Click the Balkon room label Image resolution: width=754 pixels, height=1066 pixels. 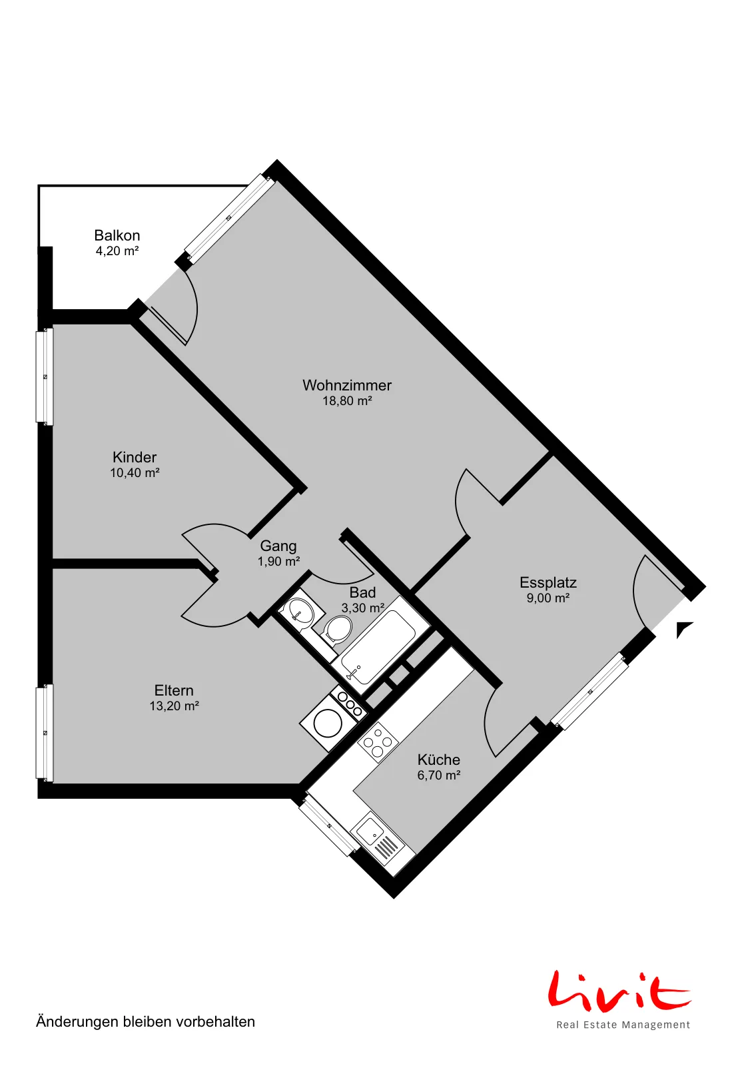[117, 235]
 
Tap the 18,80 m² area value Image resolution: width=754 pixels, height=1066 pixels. [347, 400]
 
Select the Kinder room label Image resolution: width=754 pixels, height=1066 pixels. [135, 457]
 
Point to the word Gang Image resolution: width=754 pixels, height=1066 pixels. [278, 546]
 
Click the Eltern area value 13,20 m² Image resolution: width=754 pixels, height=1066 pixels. [174, 706]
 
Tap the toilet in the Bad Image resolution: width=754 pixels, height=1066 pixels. [337, 630]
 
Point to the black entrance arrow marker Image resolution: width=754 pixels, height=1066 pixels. [684, 629]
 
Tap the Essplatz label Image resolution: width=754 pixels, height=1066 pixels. [548, 582]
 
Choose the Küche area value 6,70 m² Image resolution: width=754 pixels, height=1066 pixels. [438, 776]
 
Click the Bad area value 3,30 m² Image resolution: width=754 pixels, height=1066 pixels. [362, 608]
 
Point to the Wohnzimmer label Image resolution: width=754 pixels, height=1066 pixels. [347, 385]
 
